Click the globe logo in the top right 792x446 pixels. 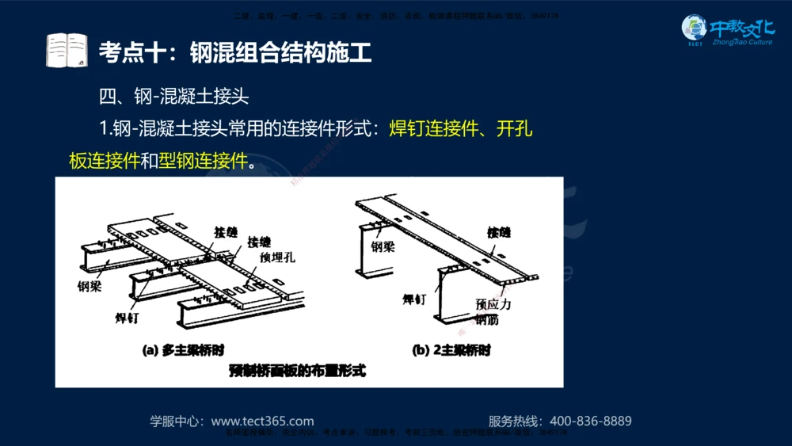pyautogui.click(x=694, y=30)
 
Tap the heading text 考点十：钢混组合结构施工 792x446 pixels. pyautogui.click(x=235, y=53)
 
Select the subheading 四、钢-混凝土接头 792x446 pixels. pyautogui.click(x=174, y=97)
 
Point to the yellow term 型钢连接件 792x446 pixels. pyautogui.click(x=204, y=161)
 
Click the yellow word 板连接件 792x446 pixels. pyautogui.click(x=104, y=161)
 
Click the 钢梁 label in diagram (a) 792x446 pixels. pyautogui.click(x=89, y=286)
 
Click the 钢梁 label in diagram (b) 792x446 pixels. pyautogui.click(x=383, y=246)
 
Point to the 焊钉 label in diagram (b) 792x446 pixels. pyautogui.click(x=414, y=299)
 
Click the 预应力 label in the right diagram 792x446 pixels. pyautogui.click(x=493, y=304)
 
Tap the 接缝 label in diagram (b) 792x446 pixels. pyautogui.click(x=499, y=232)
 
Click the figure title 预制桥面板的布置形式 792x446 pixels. pyautogui.click(x=297, y=370)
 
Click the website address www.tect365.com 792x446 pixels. pyautogui.click(x=262, y=421)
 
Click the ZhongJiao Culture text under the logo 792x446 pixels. pyautogui.click(x=742, y=42)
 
